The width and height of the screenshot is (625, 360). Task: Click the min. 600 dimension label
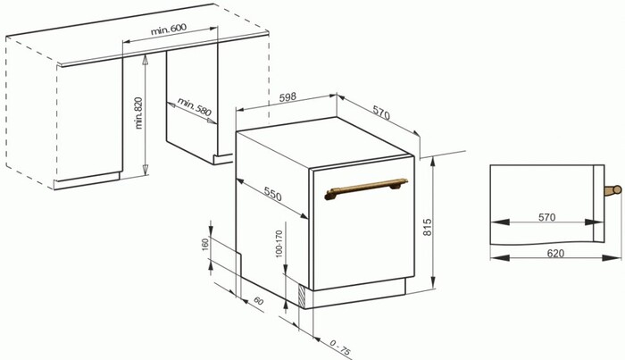click(169, 29)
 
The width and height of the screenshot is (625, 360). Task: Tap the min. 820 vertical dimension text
click(138, 113)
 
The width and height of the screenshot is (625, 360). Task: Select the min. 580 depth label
click(194, 106)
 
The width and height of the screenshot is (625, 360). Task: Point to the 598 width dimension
click(287, 97)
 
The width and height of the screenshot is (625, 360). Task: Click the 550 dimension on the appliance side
click(272, 194)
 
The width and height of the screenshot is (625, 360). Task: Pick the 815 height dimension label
click(428, 227)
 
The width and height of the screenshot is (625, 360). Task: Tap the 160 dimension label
click(205, 245)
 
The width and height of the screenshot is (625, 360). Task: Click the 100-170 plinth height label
click(279, 244)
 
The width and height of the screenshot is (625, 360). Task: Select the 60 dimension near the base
click(258, 301)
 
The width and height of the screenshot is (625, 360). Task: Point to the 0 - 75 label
click(340, 347)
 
